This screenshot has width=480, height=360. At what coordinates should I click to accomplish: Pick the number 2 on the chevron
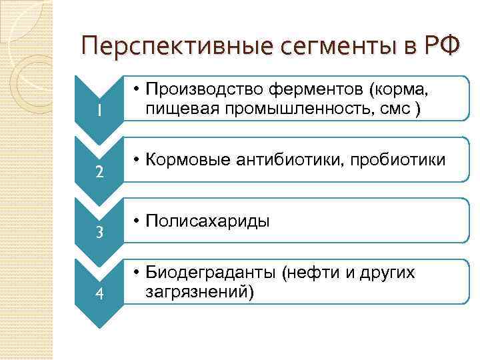99,172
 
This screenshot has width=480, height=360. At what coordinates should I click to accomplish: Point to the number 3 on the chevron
99,233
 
